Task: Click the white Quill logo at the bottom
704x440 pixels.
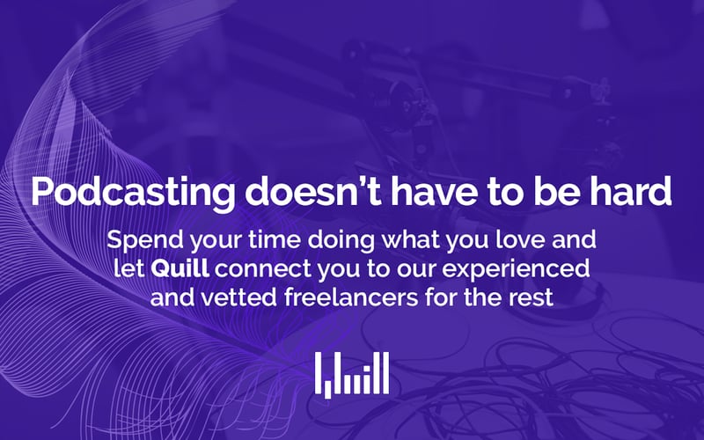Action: point(352,375)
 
